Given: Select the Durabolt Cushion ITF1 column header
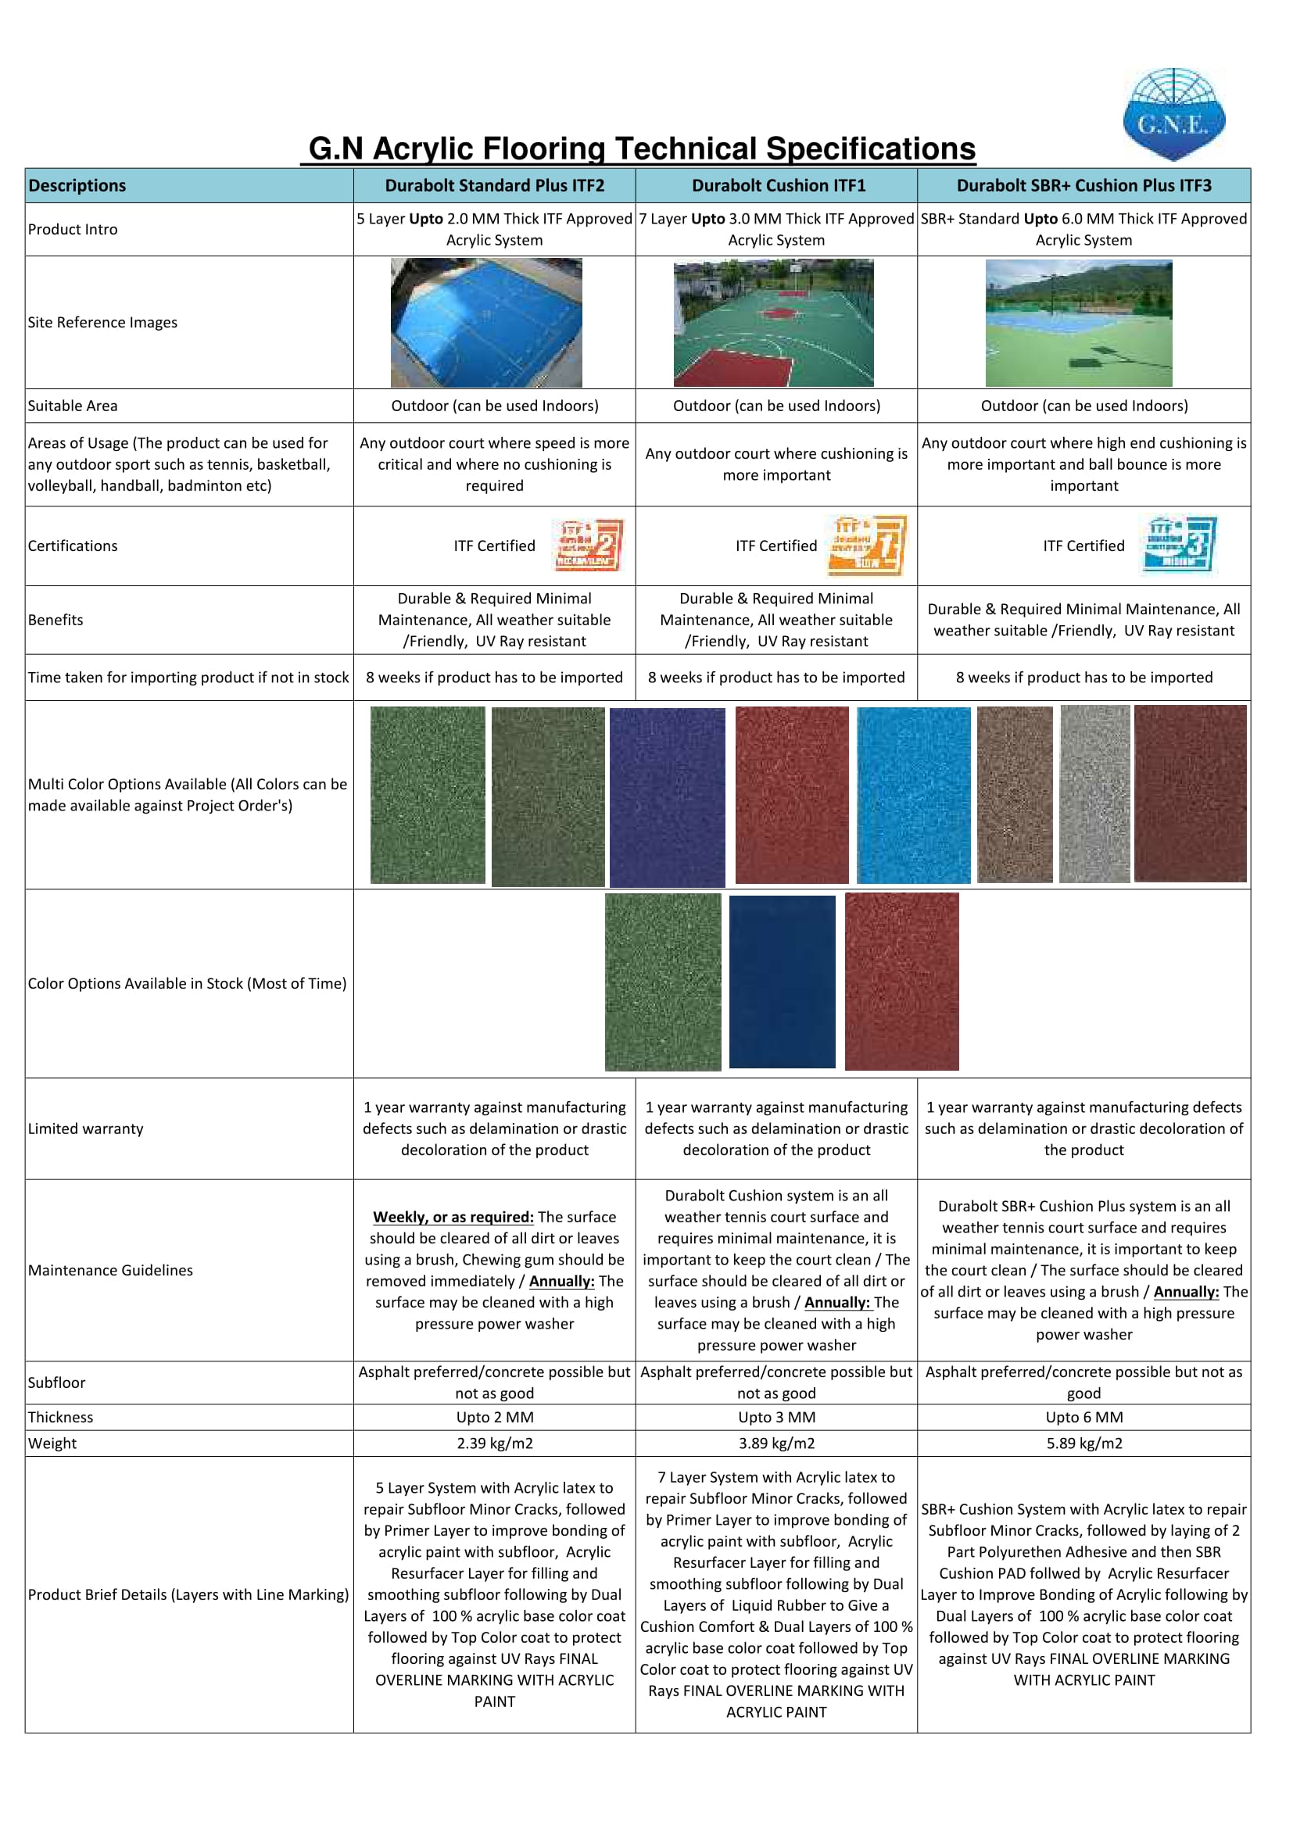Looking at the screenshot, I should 778,185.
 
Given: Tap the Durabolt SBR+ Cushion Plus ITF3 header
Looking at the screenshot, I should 1083,185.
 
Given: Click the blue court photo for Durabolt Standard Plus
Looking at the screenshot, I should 486,323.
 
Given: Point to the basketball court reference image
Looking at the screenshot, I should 773,323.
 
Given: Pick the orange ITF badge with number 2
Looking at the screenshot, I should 589,545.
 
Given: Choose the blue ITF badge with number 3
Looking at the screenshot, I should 1179,545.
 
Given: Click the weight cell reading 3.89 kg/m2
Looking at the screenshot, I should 776,1443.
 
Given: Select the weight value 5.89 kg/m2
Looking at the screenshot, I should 1083,1443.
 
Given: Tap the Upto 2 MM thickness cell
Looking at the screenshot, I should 494,1417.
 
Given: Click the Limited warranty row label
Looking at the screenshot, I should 86,1129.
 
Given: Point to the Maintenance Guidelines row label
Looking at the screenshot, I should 111,1270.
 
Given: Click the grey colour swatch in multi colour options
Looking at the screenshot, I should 1094,794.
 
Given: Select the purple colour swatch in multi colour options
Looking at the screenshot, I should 667,797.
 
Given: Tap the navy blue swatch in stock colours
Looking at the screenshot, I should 782,981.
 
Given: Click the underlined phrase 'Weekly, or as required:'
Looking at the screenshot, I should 453,1217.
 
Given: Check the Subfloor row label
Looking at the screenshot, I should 56,1383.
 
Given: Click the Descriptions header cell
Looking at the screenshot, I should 77,185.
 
